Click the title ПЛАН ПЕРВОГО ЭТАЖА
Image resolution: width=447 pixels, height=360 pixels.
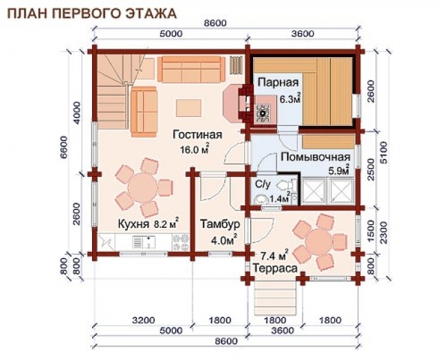point(91,14)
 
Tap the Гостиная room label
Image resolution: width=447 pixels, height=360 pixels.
point(197,135)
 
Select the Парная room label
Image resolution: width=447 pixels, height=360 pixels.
point(279,83)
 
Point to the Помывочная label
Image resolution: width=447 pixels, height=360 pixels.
point(315,157)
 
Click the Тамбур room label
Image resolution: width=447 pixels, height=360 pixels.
point(219,224)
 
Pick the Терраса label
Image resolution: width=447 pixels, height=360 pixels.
point(275,268)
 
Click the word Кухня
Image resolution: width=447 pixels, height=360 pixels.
point(133,224)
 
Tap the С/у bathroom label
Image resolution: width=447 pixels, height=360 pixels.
point(263,185)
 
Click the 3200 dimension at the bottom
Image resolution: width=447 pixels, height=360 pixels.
point(144,320)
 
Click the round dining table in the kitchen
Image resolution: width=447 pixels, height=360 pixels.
point(143,188)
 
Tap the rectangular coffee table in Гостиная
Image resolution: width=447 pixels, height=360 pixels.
point(188,108)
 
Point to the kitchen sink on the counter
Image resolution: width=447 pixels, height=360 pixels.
point(144,242)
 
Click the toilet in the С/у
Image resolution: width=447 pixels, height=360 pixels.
point(287,185)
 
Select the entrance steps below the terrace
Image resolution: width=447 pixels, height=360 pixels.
point(275,298)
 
